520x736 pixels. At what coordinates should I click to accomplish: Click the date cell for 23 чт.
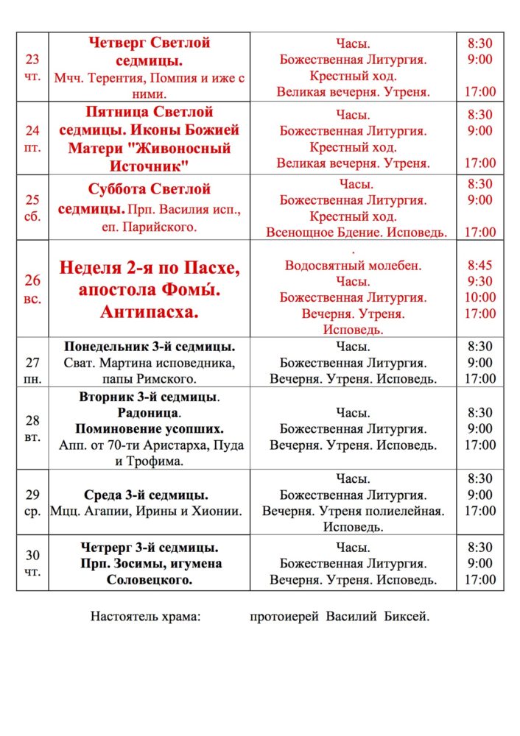coord(32,67)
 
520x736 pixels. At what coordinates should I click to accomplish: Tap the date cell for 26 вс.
coord(32,289)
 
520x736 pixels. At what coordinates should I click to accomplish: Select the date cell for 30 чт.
coord(32,563)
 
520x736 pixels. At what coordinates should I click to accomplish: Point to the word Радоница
coord(149,413)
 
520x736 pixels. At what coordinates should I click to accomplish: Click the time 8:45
coord(480,265)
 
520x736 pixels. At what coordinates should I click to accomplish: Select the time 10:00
coord(480,297)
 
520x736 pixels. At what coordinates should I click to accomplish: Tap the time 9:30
coord(480,281)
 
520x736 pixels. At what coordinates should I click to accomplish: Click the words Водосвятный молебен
coord(354,265)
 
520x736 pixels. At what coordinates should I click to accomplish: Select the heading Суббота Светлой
coord(149,189)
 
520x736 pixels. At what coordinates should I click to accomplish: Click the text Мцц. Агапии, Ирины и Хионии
coord(146,511)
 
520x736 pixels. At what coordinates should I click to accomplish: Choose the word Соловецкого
coord(149,580)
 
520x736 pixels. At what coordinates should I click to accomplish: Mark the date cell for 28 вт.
coord(32,428)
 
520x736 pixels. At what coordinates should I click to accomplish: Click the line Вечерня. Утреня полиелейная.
coord(354,511)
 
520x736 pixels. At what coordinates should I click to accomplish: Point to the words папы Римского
coord(149,379)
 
